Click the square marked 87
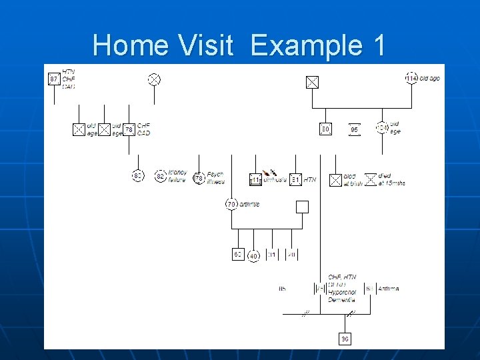(54, 79)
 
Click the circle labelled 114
(413, 79)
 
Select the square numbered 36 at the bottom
(345, 339)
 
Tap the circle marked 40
(253, 256)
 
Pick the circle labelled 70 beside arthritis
(231, 204)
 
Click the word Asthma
(389, 289)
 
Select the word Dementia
(342, 300)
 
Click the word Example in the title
(306, 45)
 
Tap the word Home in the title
(131, 45)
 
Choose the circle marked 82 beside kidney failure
(160, 176)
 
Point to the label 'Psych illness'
(216, 178)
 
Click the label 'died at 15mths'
(391, 179)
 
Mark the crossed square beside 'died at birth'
(336, 179)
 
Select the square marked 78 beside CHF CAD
(129, 129)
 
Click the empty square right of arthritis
(302, 207)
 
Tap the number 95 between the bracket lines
(355, 129)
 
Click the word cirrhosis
(275, 179)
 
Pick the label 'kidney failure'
(177, 176)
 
